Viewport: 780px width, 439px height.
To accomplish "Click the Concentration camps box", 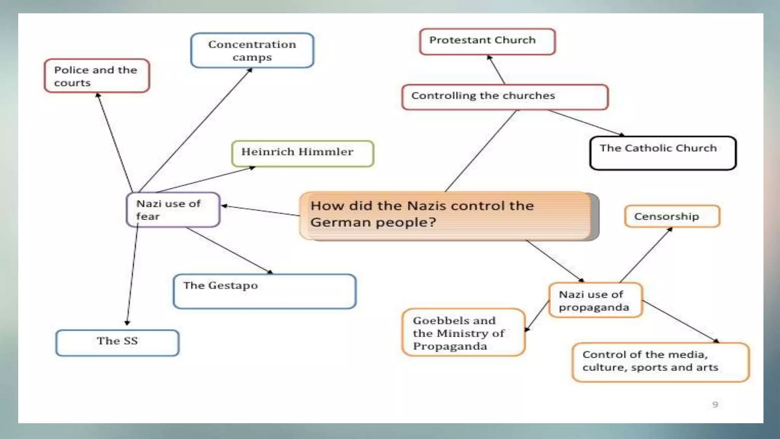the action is [x=252, y=50].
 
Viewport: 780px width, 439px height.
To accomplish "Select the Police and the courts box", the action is [x=97, y=76].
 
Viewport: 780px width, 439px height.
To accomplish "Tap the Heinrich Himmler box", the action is [x=302, y=153].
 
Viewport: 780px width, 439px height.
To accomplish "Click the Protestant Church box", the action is [x=487, y=41].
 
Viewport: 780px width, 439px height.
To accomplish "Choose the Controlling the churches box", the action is [x=505, y=97].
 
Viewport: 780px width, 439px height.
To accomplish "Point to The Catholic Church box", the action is [x=663, y=153].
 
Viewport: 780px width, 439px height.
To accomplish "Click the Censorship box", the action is [x=672, y=216].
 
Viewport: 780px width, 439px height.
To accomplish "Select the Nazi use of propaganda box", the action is [x=595, y=300].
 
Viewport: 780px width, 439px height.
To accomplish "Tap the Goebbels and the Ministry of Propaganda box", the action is [x=463, y=333].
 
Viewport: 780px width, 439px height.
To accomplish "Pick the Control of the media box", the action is [x=660, y=362].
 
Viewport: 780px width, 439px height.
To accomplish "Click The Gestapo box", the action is [x=264, y=291].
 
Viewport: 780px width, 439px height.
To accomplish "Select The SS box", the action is [x=117, y=343].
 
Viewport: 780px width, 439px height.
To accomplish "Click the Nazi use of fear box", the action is [x=173, y=210].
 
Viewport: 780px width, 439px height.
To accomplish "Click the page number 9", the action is [x=715, y=404].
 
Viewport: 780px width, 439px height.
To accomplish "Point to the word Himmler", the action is [x=326, y=152].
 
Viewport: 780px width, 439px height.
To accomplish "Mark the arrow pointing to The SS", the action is [x=132, y=278].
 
